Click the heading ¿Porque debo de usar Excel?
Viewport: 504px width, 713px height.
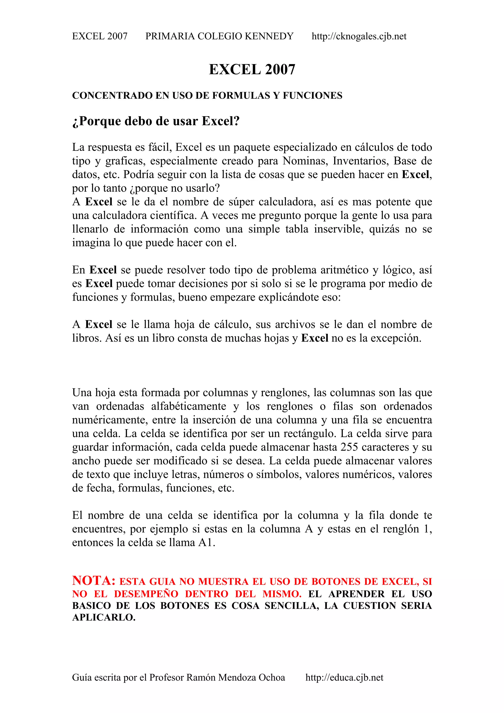click(156, 121)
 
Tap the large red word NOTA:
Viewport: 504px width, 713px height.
click(94, 581)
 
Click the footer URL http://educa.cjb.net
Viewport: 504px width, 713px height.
click(344, 677)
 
